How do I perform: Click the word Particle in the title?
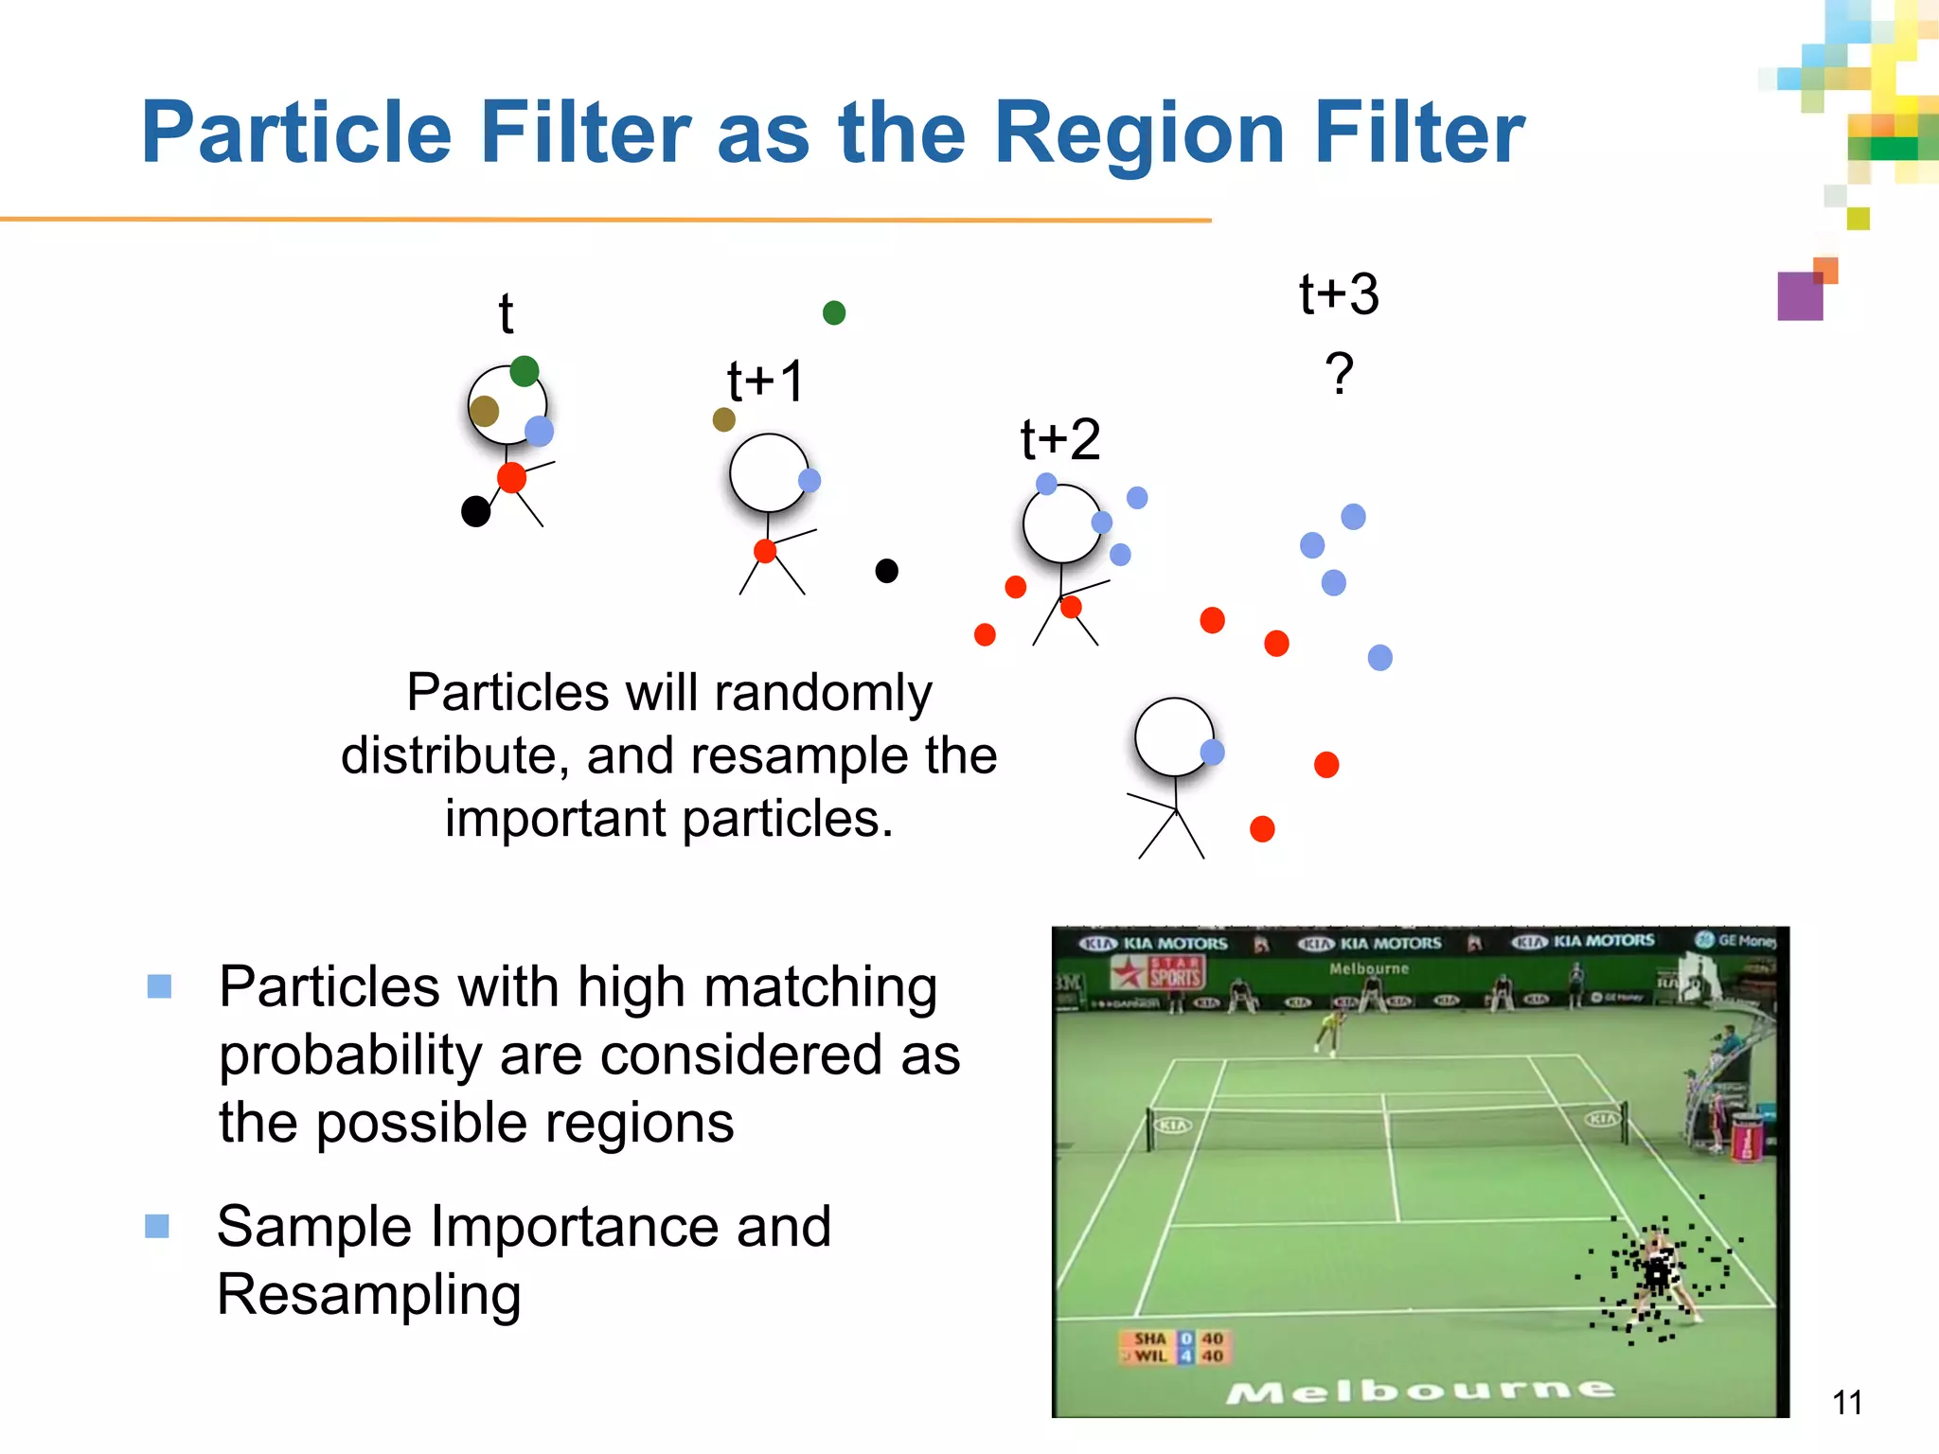pos(295,133)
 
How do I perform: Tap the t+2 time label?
pos(1060,439)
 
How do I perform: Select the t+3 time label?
pos(1339,293)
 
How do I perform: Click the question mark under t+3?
pos(1339,374)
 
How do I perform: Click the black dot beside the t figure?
pos(475,511)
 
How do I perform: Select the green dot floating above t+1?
pos(834,312)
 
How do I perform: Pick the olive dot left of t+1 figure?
pos(724,419)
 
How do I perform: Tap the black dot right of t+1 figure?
pos(886,571)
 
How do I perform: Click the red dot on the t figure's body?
pos(511,477)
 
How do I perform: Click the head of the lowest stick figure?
pos(1174,736)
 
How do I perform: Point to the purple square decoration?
pos(1800,296)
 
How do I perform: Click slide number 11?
pos(1846,1402)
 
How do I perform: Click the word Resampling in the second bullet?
pos(369,1295)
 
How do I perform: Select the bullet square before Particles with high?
pos(159,986)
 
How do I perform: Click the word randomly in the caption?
pos(825,692)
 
